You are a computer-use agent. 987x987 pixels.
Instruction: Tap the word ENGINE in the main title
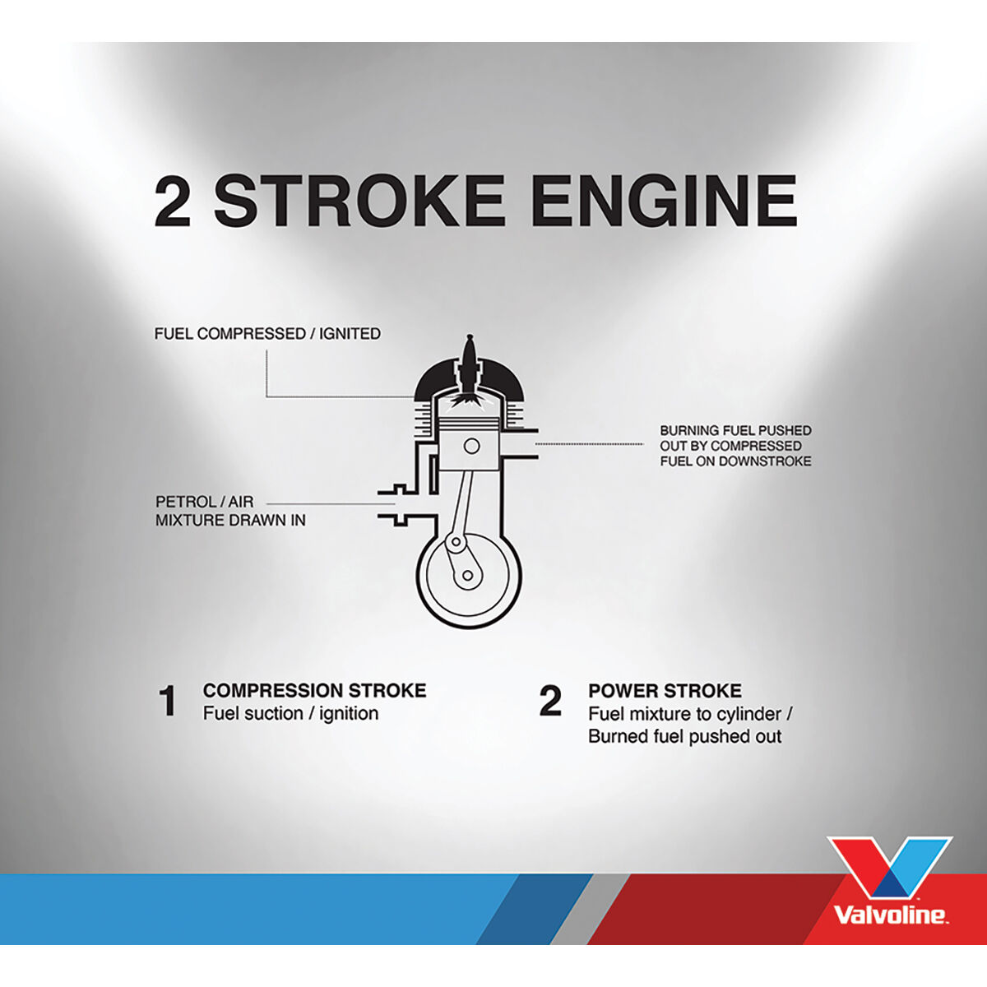coord(665,202)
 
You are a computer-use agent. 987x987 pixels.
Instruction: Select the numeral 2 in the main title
coord(173,202)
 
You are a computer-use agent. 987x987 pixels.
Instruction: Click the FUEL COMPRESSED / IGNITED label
coord(267,334)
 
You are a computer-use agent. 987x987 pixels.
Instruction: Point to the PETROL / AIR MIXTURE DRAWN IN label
coord(229,511)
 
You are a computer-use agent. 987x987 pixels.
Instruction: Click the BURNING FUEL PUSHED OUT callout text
coord(734,446)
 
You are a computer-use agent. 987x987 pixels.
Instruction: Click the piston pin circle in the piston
coord(471,446)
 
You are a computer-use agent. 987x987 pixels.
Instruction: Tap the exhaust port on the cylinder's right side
coord(518,444)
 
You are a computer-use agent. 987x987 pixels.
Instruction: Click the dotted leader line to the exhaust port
coord(589,444)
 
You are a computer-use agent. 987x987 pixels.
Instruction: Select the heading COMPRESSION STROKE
coord(314,690)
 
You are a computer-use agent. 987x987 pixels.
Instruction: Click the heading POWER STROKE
coord(665,690)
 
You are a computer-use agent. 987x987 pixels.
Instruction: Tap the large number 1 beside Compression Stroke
coord(168,702)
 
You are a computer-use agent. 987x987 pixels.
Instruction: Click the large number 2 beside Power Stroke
coord(550,702)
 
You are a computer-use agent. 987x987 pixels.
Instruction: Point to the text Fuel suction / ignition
coord(290,713)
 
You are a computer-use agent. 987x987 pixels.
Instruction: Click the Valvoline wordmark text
coord(890,915)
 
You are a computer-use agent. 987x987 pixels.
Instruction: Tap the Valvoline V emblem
coord(890,868)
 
